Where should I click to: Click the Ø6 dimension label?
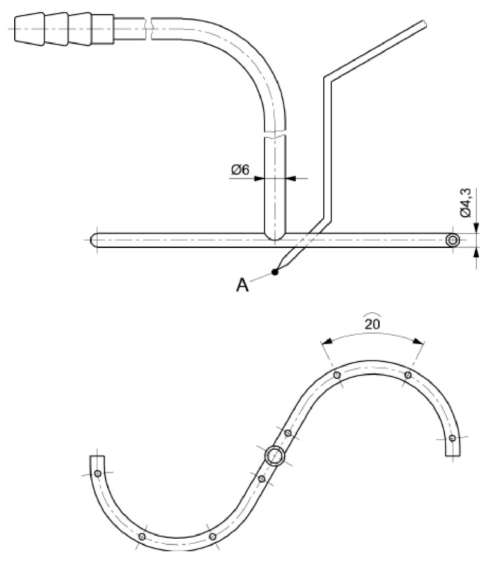point(240,170)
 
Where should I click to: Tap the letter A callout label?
point(242,285)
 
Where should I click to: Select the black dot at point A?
point(275,272)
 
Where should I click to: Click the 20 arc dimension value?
point(372,324)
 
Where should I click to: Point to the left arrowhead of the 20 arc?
point(326,342)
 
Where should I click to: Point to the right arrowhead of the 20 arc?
point(418,341)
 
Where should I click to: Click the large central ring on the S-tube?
point(275,455)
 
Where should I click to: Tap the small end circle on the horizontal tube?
point(453,240)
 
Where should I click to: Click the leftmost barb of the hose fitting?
point(29,28)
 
